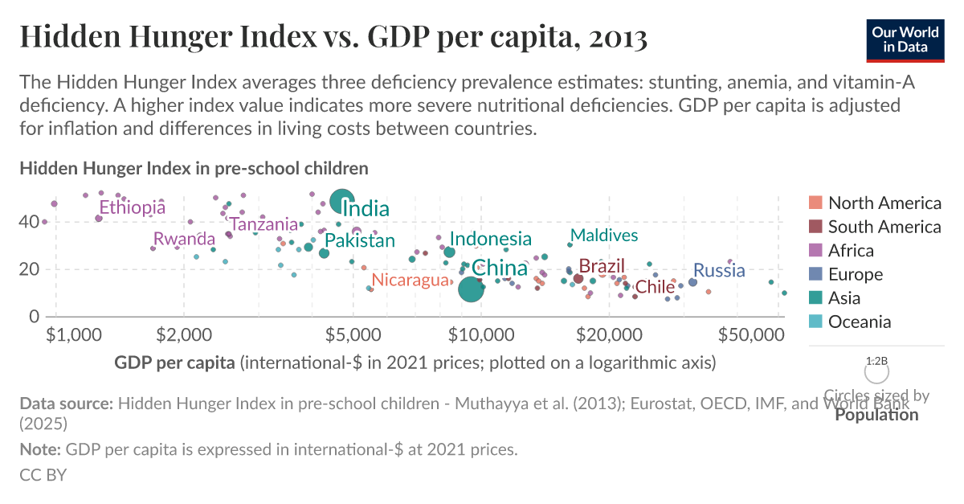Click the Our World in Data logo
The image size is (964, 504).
pos(905,39)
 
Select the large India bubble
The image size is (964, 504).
pos(343,203)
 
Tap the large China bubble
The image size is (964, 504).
pos(471,289)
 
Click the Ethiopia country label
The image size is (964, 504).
pos(132,207)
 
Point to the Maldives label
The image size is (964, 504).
pos(603,235)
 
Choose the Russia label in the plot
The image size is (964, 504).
pos(719,270)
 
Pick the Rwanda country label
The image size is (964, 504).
pos(184,239)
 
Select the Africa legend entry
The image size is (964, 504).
pos(862,251)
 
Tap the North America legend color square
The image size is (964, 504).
pos(815,203)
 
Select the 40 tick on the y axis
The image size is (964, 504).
pos(31,221)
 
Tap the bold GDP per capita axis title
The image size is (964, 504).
pos(175,363)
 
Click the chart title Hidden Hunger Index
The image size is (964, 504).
pos(333,37)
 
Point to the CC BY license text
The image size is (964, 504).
pos(43,474)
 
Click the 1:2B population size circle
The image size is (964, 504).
pos(876,372)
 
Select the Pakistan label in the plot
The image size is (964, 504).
pos(359,240)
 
